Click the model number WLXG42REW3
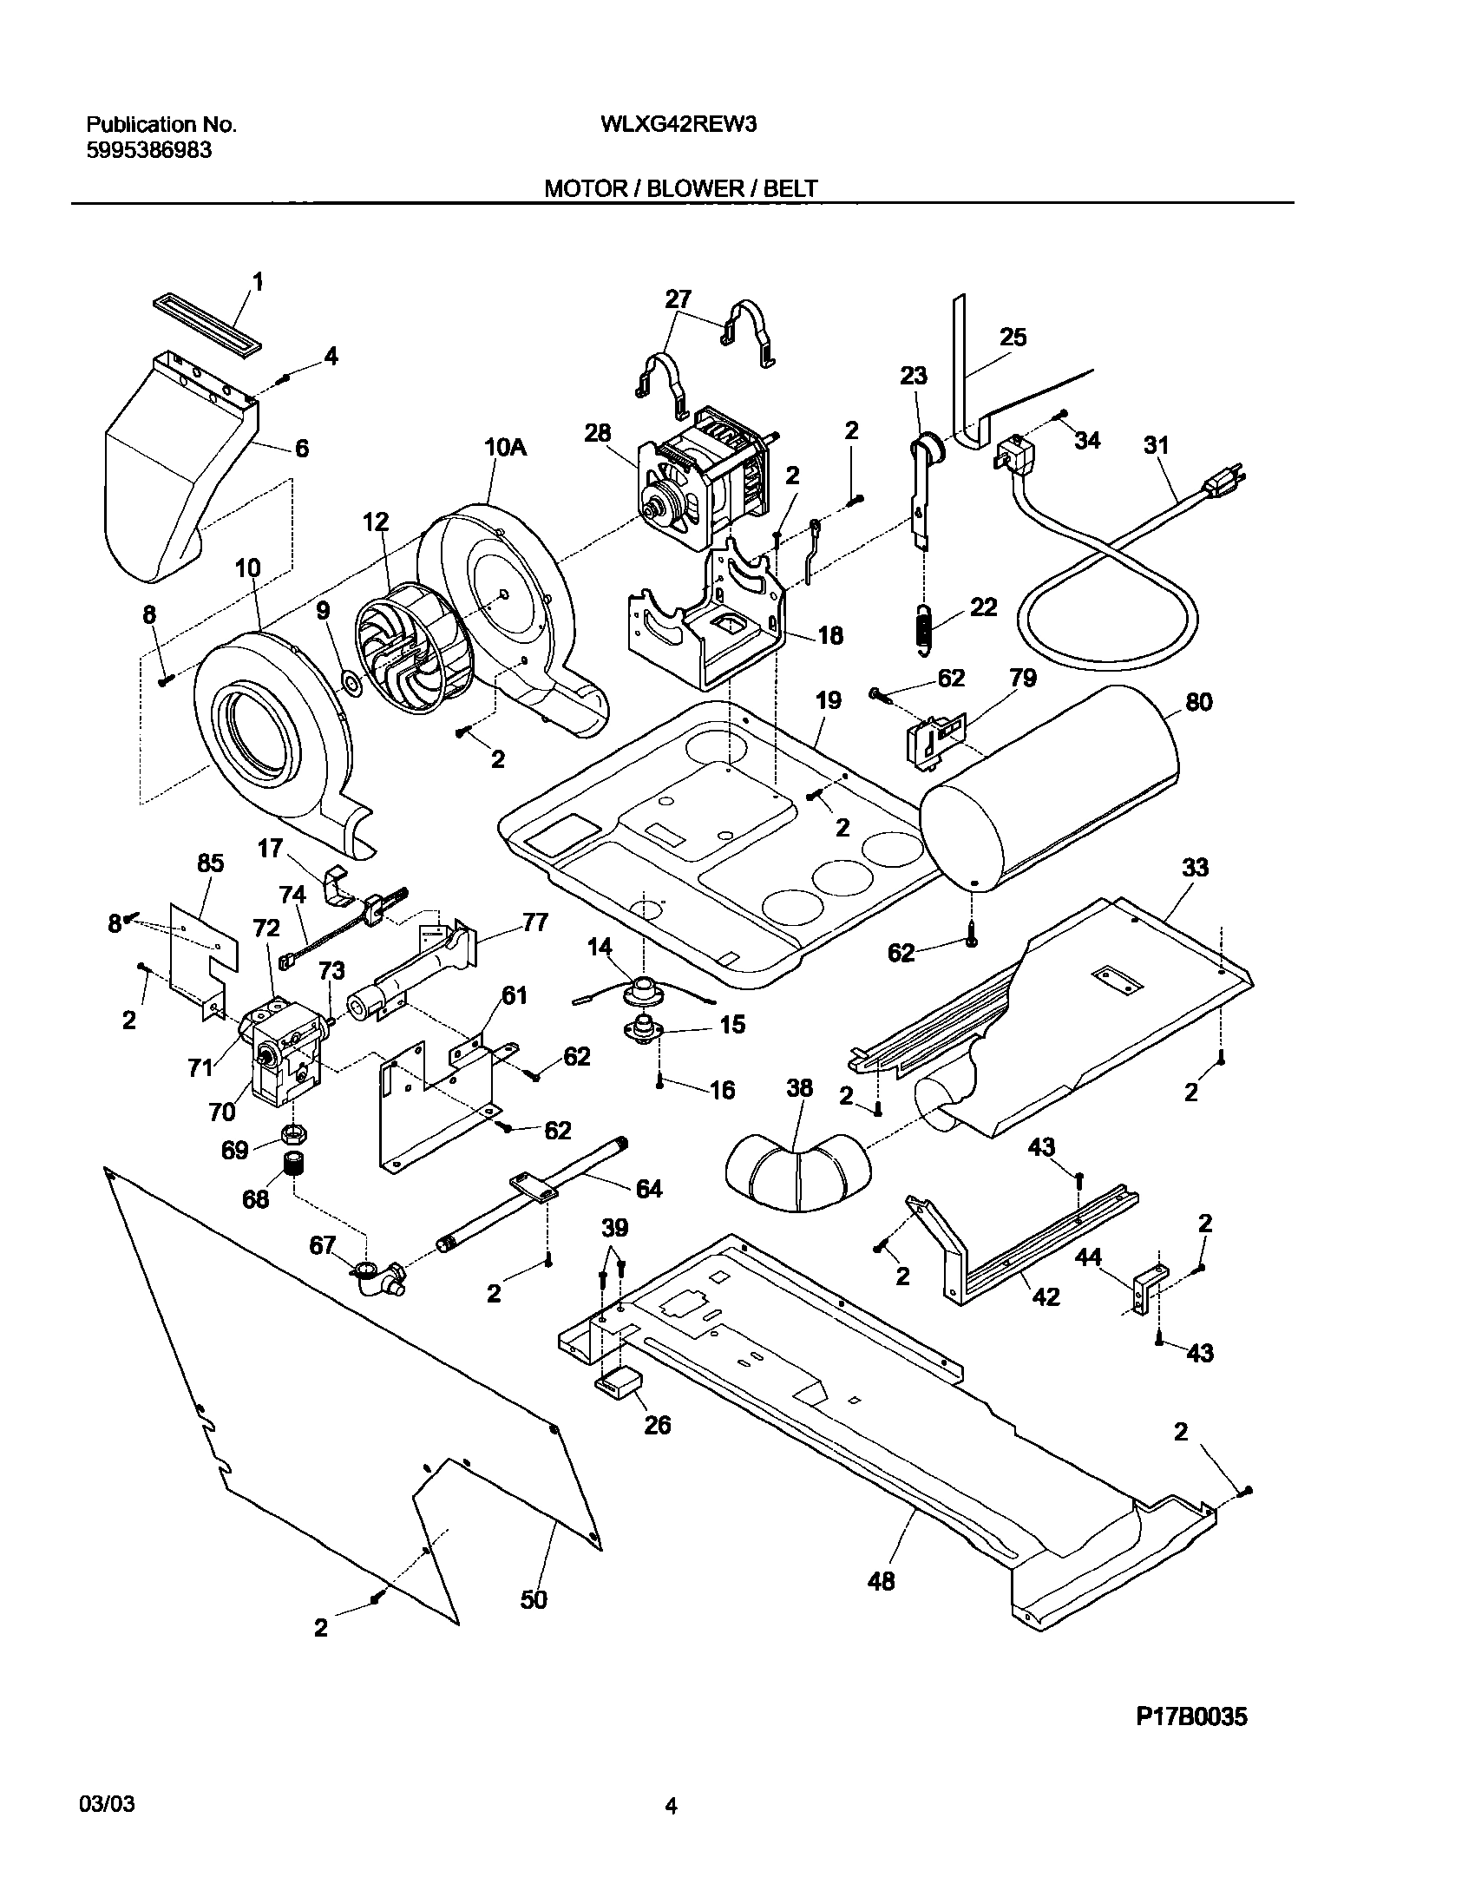click(x=678, y=124)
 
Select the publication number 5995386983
click(x=148, y=150)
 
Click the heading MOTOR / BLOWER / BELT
click(x=680, y=188)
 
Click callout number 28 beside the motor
click(x=597, y=433)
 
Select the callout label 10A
click(x=505, y=448)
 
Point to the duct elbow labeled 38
click(x=792, y=1175)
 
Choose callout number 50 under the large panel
click(x=534, y=1598)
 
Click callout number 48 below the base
click(x=881, y=1581)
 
